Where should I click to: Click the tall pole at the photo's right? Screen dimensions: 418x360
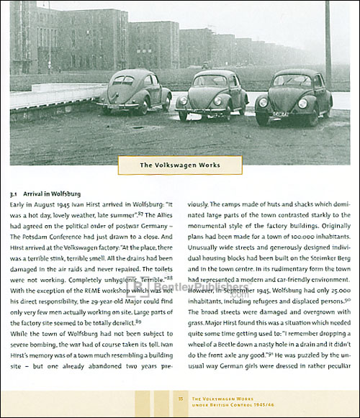coord(328,43)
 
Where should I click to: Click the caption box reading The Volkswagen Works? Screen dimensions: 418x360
coord(179,165)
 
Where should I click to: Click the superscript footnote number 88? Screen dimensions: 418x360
coord(169,277)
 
